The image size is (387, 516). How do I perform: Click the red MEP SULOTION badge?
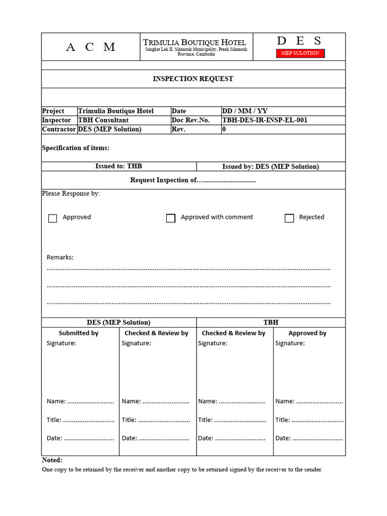(300, 53)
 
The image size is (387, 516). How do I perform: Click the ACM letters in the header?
(91, 47)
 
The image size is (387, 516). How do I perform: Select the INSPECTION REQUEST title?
(193, 79)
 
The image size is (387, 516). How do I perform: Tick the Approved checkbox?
(52, 218)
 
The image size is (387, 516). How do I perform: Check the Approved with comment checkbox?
(171, 218)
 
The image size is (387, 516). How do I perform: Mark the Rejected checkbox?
(289, 218)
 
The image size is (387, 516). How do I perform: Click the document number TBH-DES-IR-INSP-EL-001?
(265, 120)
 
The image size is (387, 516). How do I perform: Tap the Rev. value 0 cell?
(224, 129)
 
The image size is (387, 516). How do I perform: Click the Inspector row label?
(56, 120)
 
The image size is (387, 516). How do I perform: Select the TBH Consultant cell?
(103, 120)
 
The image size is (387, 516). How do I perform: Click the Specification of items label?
(76, 148)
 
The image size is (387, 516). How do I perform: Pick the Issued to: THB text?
(118, 166)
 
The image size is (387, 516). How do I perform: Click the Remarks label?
(60, 257)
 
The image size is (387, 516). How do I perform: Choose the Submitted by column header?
(79, 333)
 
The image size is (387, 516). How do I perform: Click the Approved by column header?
(307, 333)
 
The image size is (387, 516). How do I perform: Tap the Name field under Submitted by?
(80, 401)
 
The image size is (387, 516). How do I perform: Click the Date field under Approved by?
(309, 438)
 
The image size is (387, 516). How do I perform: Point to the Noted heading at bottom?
(52, 460)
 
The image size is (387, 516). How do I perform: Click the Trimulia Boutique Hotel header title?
(195, 42)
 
